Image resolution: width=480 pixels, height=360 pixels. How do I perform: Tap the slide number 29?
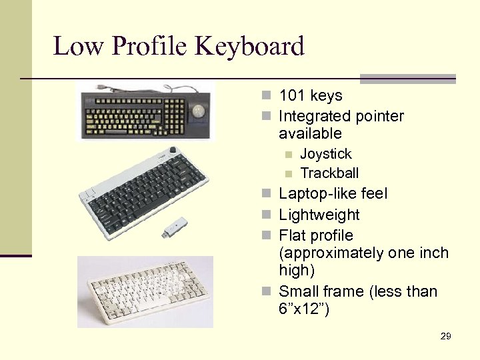[x=446, y=336]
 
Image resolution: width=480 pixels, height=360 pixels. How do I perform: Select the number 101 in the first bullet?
[x=291, y=96]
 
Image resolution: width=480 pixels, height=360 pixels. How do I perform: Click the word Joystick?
[x=326, y=154]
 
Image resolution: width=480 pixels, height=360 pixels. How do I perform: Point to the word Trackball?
[x=329, y=173]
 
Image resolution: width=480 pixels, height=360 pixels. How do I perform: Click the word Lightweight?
[x=319, y=215]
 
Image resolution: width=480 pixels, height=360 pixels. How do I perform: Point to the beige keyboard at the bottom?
[x=145, y=291]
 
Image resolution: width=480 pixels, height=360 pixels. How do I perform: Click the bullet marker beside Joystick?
[x=287, y=155]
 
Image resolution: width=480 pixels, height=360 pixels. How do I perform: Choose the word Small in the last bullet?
[x=297, y=291]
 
